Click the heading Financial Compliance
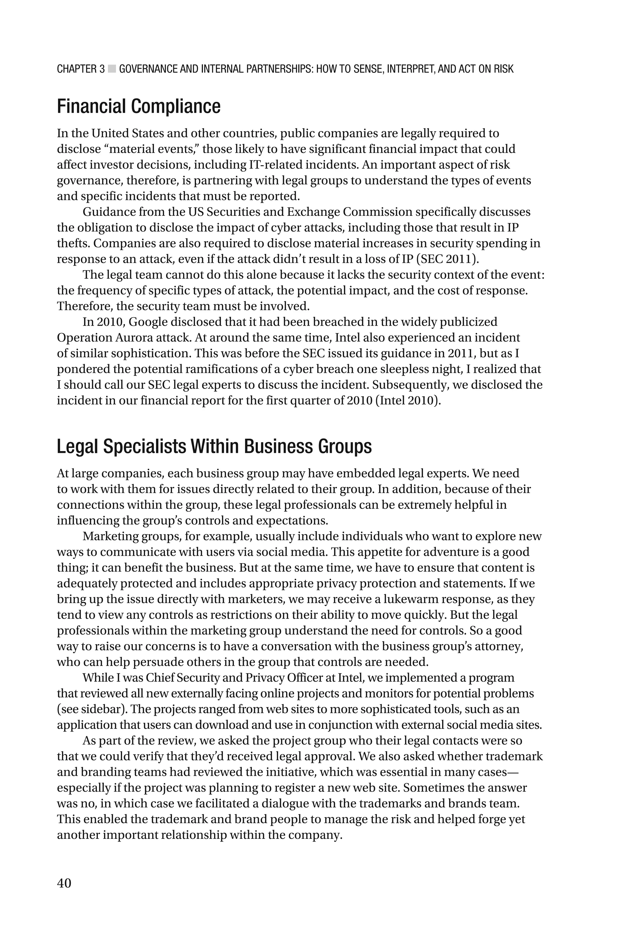(x=139, y=106)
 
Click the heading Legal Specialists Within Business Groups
(x=214, y=447)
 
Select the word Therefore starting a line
(x=83, y=307)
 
